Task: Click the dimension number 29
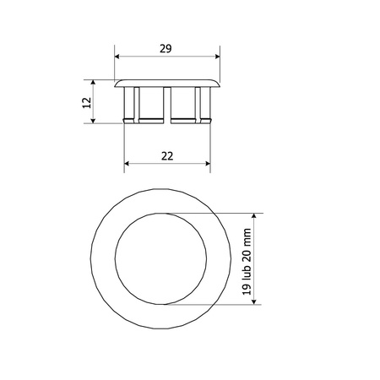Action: tap(166, 49)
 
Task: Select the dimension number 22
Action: tap(167, 156)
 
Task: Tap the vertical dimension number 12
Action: tap(87, 103)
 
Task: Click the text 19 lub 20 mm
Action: tap(247, 262)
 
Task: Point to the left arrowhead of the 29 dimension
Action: tap(117, 57)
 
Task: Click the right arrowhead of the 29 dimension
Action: tap(217, 57)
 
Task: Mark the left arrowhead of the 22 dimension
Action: tap(127, 164)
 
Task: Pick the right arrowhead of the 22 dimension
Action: tap(208, 164)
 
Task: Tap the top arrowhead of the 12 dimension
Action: tap(93, 82)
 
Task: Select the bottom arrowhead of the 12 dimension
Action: tap(93, 121)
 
